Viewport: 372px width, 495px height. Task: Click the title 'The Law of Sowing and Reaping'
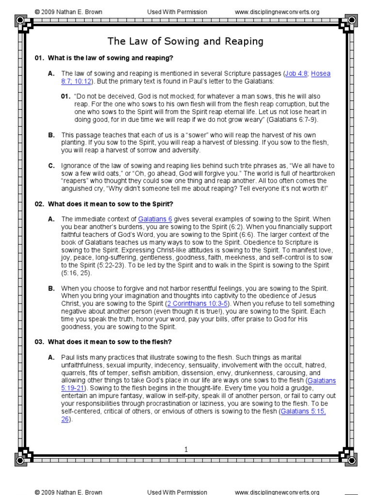pos(186,42)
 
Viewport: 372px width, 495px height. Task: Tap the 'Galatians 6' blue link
pos(155,219)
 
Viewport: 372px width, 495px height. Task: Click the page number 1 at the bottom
pos(186,450)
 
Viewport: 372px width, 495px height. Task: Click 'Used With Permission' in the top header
pos(177,12)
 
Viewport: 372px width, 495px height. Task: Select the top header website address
pos(277,12)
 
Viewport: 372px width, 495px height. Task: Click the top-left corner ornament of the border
pos(22,21)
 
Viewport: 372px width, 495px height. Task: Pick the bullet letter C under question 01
pos(51,166)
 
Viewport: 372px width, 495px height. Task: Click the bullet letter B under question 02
pos(51,289)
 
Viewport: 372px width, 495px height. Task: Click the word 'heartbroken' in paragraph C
pos(314,173)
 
